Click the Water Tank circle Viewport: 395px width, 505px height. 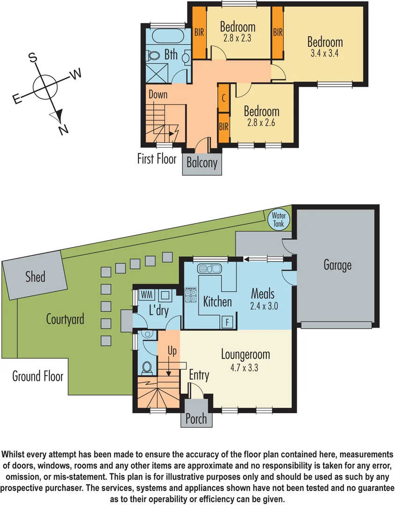click(279, 219)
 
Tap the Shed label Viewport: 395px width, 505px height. click(36, 276)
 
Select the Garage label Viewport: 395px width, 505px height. click(337, 265)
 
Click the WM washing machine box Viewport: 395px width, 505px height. click(147, 295)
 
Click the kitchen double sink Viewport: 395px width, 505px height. click(209, 268)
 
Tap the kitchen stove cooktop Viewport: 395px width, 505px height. click(191, 295)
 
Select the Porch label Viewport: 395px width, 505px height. click(196, 418)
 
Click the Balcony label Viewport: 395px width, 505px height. click(202, 163)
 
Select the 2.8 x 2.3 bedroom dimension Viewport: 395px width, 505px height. click(237, 38)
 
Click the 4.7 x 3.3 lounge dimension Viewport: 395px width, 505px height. click(245, 368)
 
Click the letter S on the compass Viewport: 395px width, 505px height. click(33, 57)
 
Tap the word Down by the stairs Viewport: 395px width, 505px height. click(158, 94)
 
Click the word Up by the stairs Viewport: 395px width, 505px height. click(172, 351)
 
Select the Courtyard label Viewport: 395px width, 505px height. click(65, 319)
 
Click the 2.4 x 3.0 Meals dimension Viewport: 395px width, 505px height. click(262, 307)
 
